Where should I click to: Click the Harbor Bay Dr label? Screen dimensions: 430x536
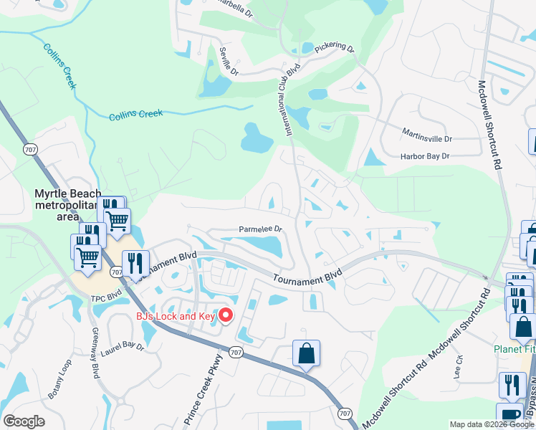coord(424,156)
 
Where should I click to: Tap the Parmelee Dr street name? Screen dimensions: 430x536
coord(262,230)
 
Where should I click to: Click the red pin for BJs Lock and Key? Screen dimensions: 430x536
coord(226,315)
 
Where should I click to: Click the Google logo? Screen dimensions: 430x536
coord(24,421)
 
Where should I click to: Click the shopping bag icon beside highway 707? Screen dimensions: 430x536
coord(306,353)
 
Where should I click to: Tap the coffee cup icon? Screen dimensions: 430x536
coord(509,416)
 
